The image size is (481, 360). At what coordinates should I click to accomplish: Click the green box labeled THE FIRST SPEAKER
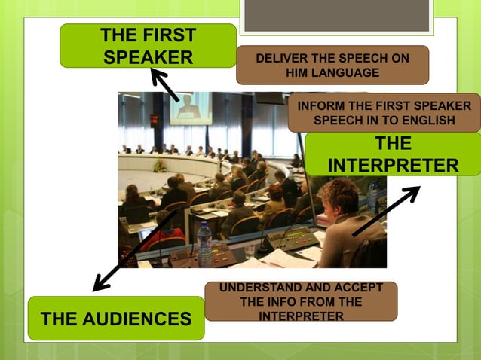coord(148,46)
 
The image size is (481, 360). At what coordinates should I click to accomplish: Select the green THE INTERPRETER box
coord(392,154)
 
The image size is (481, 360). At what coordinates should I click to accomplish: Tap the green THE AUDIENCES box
coord(115,319)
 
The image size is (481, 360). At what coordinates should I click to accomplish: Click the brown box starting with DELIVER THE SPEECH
coord(332,66)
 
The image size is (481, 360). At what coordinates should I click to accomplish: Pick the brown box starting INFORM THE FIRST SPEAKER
coord(384,113)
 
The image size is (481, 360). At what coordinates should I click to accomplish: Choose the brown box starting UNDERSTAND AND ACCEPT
coord(301,302)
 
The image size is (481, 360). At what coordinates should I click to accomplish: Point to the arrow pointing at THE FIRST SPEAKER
coord(165,85)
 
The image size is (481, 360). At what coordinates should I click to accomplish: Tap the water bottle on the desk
coord(204,243)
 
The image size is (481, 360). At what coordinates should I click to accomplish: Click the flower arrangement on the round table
coord(159,166)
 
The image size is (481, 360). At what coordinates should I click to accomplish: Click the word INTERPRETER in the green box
coord(393,165)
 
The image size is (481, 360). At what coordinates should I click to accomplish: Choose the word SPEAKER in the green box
coord(148,57)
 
